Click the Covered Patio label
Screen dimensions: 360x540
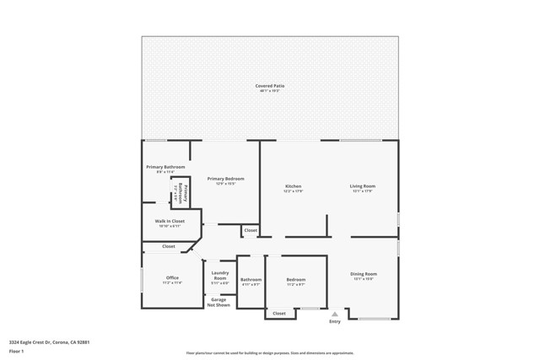270,86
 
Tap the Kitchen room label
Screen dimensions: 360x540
293,186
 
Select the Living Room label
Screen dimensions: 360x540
363,186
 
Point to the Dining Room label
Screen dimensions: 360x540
364,274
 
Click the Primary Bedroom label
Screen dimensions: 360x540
225,179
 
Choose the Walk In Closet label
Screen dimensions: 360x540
170,221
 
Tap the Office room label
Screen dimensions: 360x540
172,278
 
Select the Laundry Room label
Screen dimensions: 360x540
220,275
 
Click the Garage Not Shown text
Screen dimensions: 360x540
219,302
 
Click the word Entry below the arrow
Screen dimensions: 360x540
335,321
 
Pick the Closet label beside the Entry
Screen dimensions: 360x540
279,314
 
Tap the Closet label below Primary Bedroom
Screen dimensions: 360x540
251,230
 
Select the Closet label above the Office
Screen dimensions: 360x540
169,246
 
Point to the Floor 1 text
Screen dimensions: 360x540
17,351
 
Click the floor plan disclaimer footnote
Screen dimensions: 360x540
270,353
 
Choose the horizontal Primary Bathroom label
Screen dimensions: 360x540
165,167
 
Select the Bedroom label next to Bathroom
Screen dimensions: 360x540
295,280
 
